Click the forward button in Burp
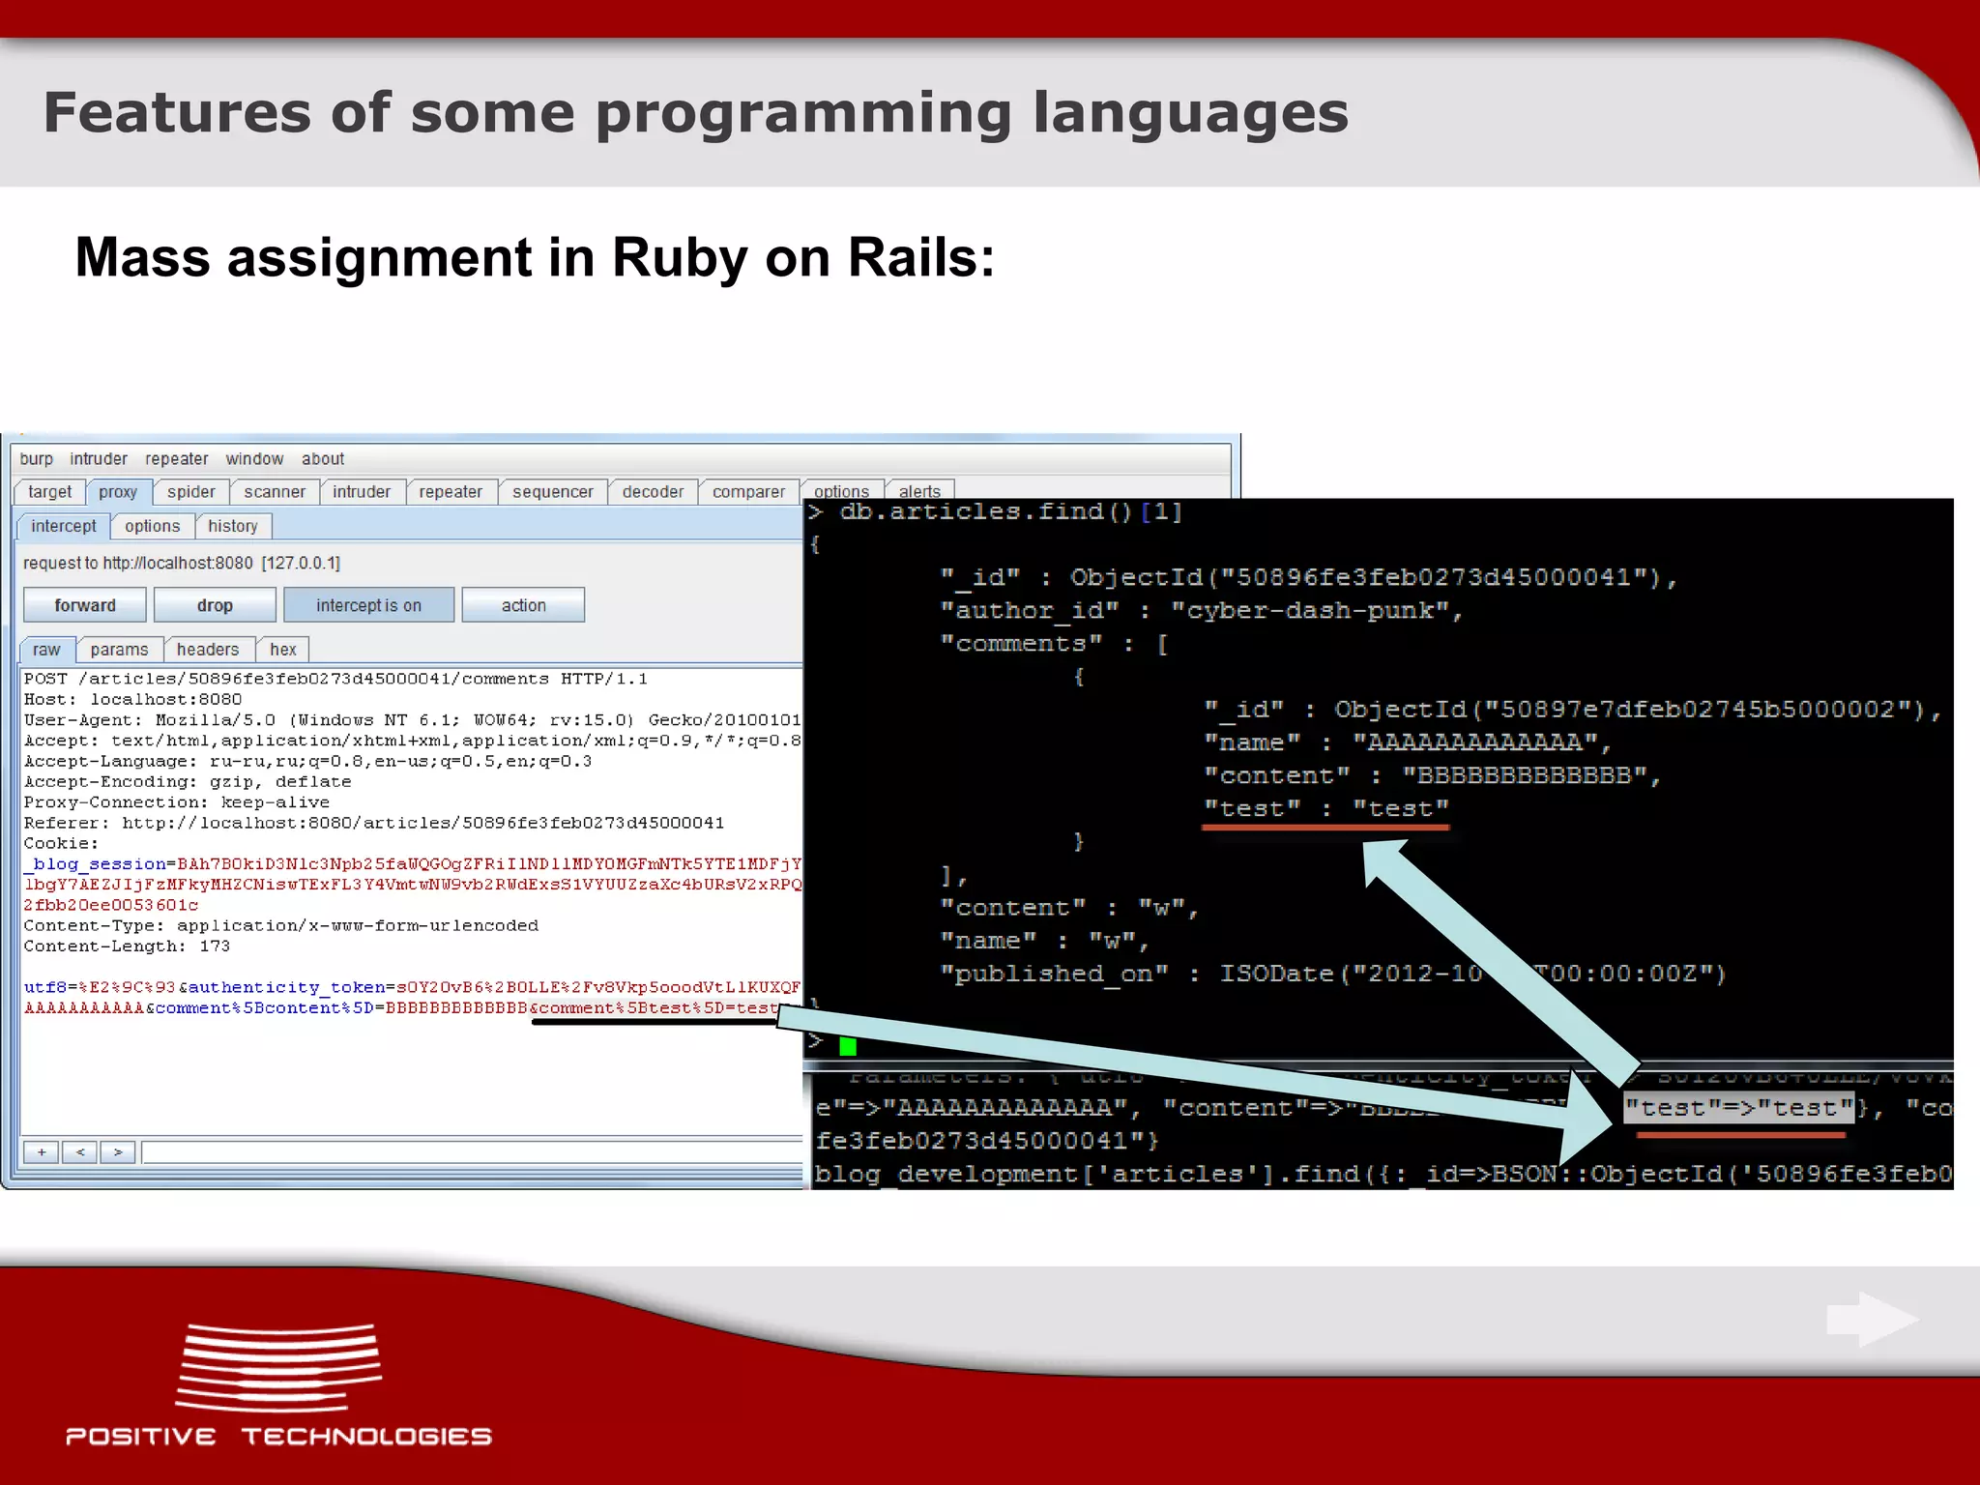coord(85,605)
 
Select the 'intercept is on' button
coord(368,605)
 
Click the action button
coord(523,605)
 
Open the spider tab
coord(190,492)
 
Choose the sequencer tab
coord(552,492)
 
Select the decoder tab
coord(653,492)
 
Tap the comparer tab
coord(748,492)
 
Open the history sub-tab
coord(233,526)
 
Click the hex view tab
coord(282,650)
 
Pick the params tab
coord(119,650)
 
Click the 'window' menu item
coord(254,459)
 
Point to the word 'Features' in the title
coord(177,113)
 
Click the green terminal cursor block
coord(848,1046)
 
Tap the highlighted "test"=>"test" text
coord(1737,1108)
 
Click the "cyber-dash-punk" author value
coord(1310,611)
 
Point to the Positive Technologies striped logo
coord(279,1368)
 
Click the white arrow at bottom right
coord(1872,1320)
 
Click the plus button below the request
coord(42,1152)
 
